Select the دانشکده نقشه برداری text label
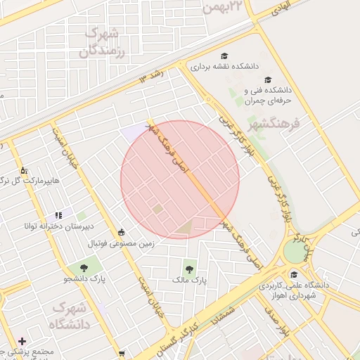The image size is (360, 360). click(224, 67)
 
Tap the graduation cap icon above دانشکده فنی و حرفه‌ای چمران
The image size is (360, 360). click(267, 80)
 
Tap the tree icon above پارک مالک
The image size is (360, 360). click(189, 267)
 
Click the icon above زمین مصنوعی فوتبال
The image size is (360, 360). click(122, 233)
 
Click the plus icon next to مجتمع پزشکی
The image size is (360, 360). click(22, 340)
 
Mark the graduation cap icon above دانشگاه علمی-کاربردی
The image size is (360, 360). click(293, 274)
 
